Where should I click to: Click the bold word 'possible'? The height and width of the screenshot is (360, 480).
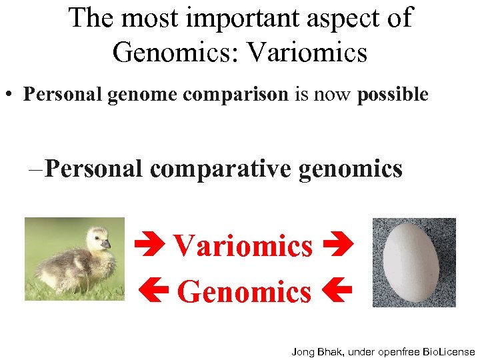pos(393,95)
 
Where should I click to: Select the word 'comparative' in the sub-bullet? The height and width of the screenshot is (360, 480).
pos(222,168)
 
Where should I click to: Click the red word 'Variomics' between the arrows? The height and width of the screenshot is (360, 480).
pos(243,246)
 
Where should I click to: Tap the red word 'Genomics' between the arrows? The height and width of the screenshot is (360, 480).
pos(244,292)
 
